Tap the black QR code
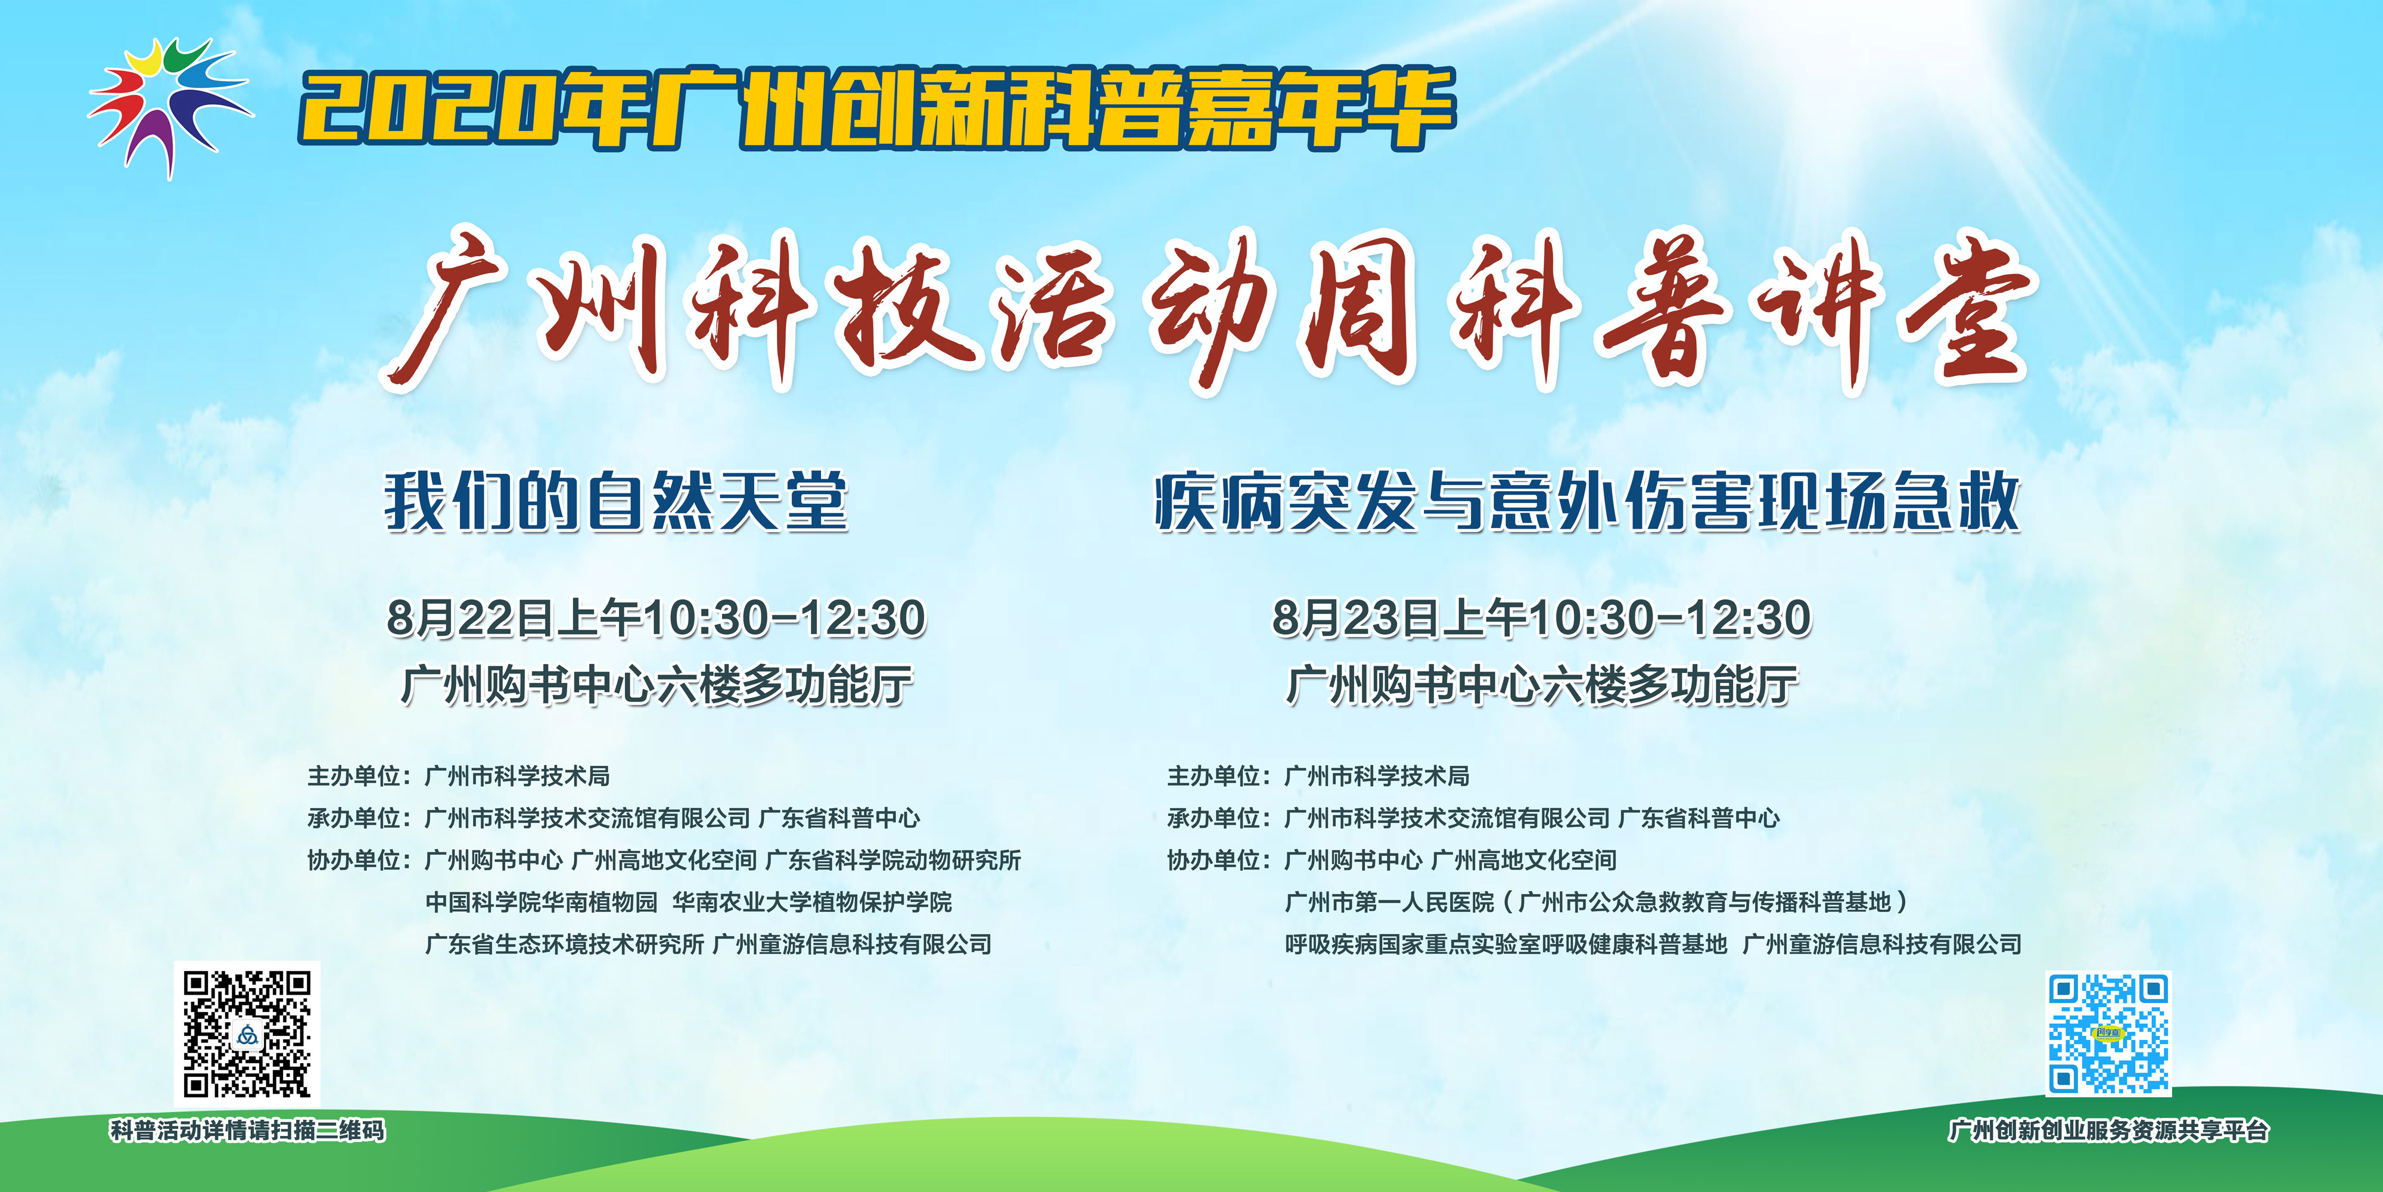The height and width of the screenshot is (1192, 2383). (247, 1033)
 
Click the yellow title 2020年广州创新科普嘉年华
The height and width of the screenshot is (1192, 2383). (877, 109)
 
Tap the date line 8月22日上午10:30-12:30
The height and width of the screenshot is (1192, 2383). (656, 618)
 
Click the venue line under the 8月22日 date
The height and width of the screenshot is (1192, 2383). (657, 686)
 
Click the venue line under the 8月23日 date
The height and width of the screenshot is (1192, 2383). (1542, 686)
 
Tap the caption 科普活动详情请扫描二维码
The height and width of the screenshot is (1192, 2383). (247, 1131)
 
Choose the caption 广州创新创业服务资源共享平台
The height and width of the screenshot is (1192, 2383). (2108, 1131)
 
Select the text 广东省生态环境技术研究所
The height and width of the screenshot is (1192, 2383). (564, 945)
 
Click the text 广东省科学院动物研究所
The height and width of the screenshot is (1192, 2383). (892, 861)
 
